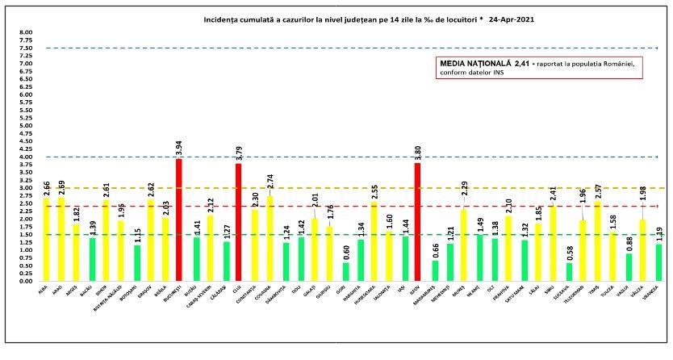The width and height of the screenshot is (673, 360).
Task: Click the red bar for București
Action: point(179,220)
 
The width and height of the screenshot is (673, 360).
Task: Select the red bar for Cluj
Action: point(239,222)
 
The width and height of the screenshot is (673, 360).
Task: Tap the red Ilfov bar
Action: point(417,222)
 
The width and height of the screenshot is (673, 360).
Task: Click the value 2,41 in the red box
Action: point(525,63)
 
